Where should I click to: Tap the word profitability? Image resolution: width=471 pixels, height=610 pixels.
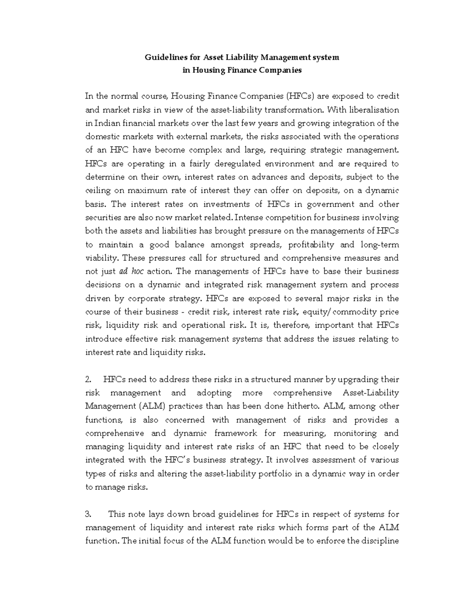pos(311,245)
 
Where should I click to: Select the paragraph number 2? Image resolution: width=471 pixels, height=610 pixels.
pos(88,379)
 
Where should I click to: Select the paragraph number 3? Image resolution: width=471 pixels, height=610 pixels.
pos(88,514)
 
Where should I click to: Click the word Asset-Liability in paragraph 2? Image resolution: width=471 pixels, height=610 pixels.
pos(371,393)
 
